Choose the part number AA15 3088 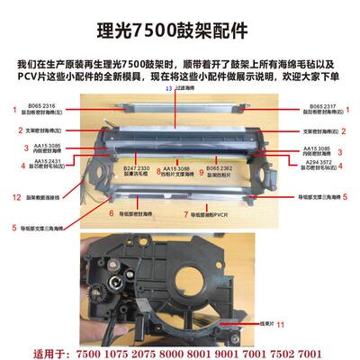click(181, 166)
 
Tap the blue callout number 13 click(168, 91)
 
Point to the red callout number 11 click(281, 323)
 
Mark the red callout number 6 click(111, 214)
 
